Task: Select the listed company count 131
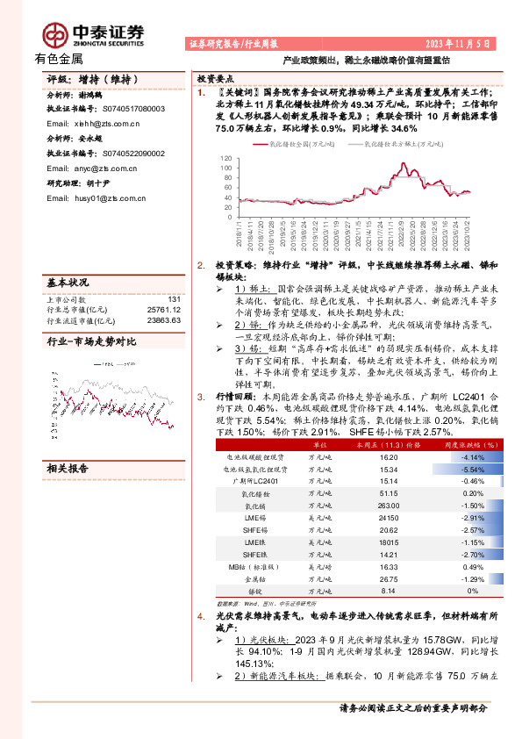[x=174, y=299]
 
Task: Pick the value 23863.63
[x=164, y=320]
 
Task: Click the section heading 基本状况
[x=67, y=283]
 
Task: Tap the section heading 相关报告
[x=67, y=469]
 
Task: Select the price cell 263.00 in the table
[x=389, y=506]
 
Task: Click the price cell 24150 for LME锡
[x=389, y=519]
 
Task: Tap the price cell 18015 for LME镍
[x=389, y=543]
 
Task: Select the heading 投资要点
[x=215, y=77]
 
